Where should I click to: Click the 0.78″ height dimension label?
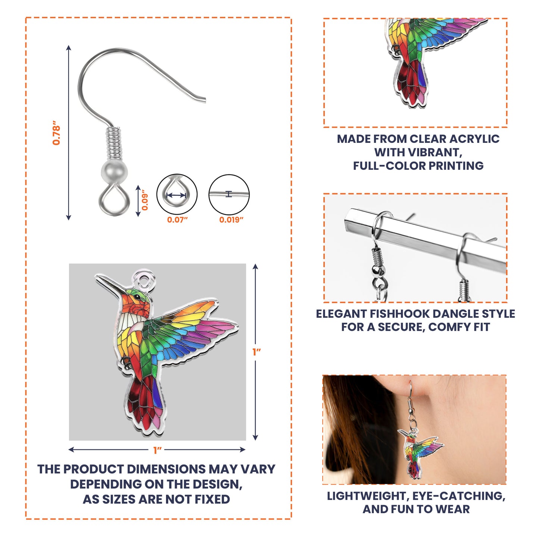56,133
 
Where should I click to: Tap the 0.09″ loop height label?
145,200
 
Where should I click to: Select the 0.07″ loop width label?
177,220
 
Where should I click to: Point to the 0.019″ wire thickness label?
231,220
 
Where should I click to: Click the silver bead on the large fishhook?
114,170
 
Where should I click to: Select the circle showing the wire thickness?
229,194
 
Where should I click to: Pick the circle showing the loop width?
177,194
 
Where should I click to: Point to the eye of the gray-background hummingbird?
137,297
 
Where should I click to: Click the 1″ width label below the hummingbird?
157,451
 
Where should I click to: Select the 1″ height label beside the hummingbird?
256,352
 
